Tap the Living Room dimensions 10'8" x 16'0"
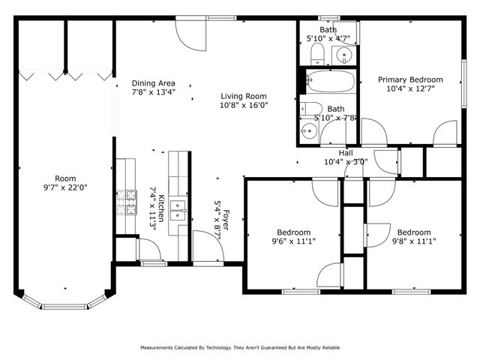pos(244,106)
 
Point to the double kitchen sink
pos(177,208)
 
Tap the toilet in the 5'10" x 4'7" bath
pos(316,52)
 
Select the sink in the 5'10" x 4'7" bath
pos(343,54)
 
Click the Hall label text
pos(346,152)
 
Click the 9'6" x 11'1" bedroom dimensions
pos(294,241)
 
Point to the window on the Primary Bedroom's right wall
pos(463,79)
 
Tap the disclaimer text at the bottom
pos(240,348)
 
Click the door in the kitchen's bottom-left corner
pos(126,249)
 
